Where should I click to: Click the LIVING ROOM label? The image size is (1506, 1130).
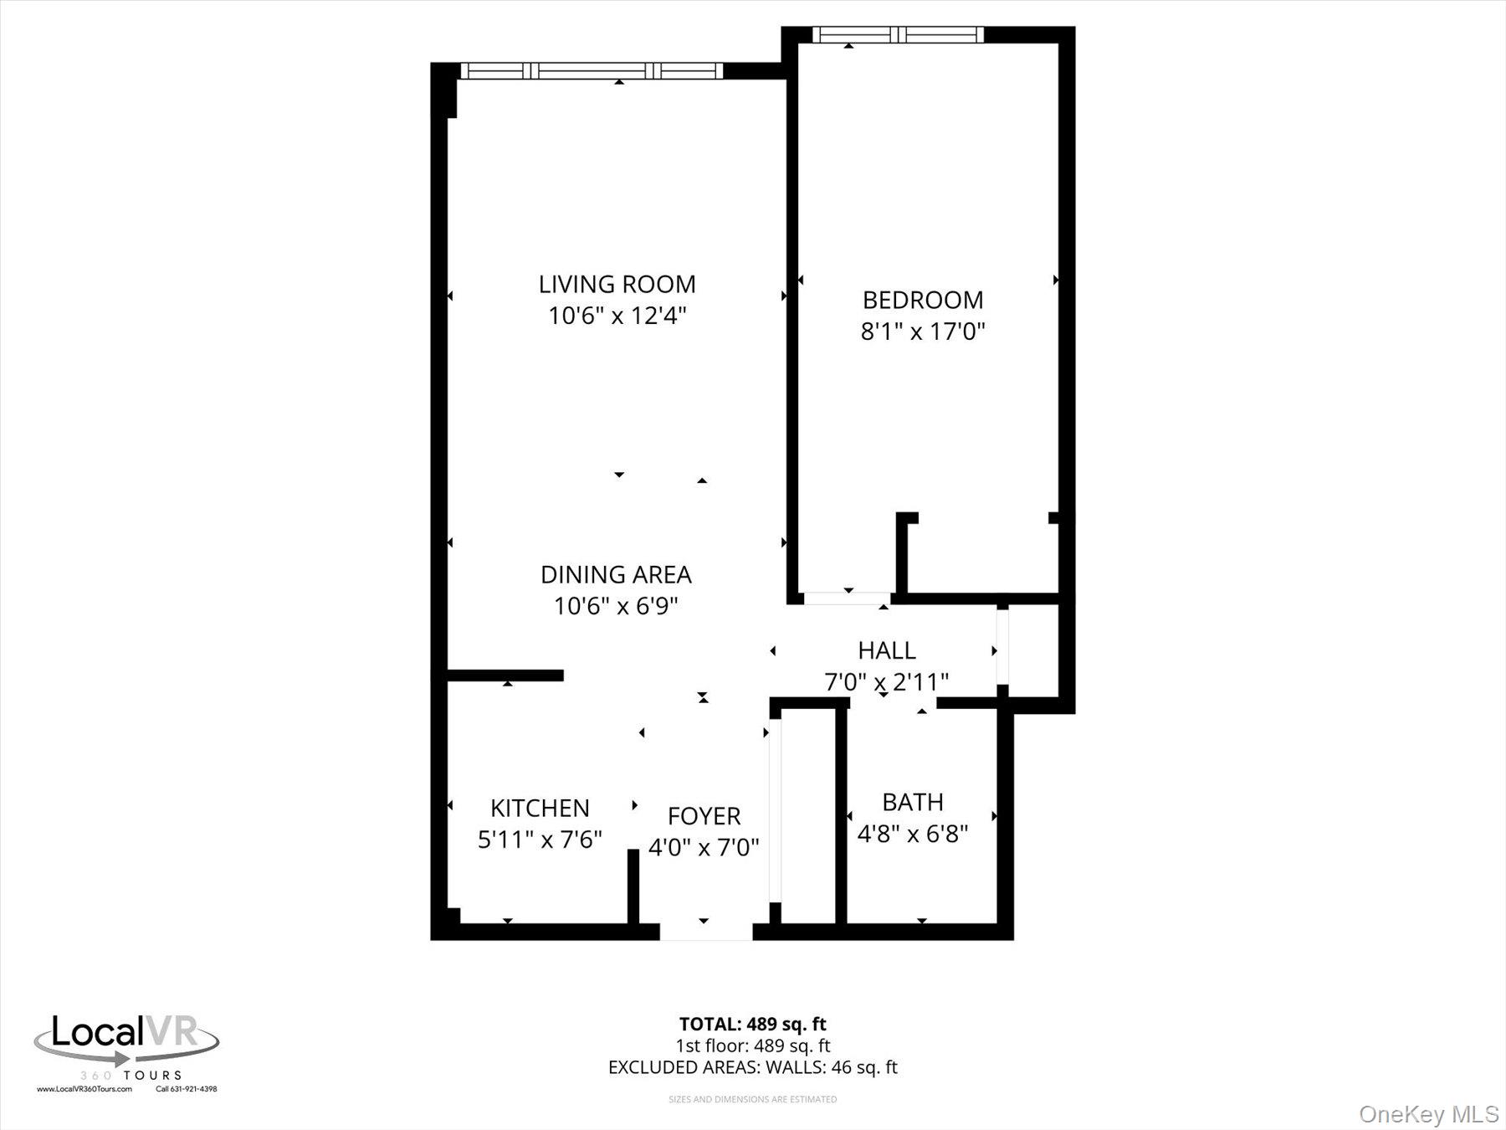617,285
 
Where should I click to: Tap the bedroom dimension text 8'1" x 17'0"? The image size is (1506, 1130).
923,331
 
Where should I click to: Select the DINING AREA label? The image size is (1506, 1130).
616,574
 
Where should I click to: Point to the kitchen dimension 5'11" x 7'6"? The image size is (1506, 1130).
540,840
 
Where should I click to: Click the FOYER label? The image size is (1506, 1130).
704,816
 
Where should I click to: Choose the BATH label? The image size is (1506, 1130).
913,802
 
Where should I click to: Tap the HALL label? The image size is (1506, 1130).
886,650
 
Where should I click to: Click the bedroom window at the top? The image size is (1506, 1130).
898,35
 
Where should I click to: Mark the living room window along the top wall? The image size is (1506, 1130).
591,71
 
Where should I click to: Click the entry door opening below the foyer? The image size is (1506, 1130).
705,931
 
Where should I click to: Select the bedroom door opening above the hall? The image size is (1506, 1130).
847,598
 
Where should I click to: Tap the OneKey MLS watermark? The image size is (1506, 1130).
1428,1114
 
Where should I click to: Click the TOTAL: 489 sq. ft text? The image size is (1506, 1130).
752,1024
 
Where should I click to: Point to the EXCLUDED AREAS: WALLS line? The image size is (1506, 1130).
752,1067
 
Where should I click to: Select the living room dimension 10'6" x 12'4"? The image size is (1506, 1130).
617,316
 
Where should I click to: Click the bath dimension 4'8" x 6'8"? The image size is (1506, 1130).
913,834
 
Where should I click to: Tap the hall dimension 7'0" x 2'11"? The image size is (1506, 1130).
886,682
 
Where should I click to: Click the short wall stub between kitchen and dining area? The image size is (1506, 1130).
505,675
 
